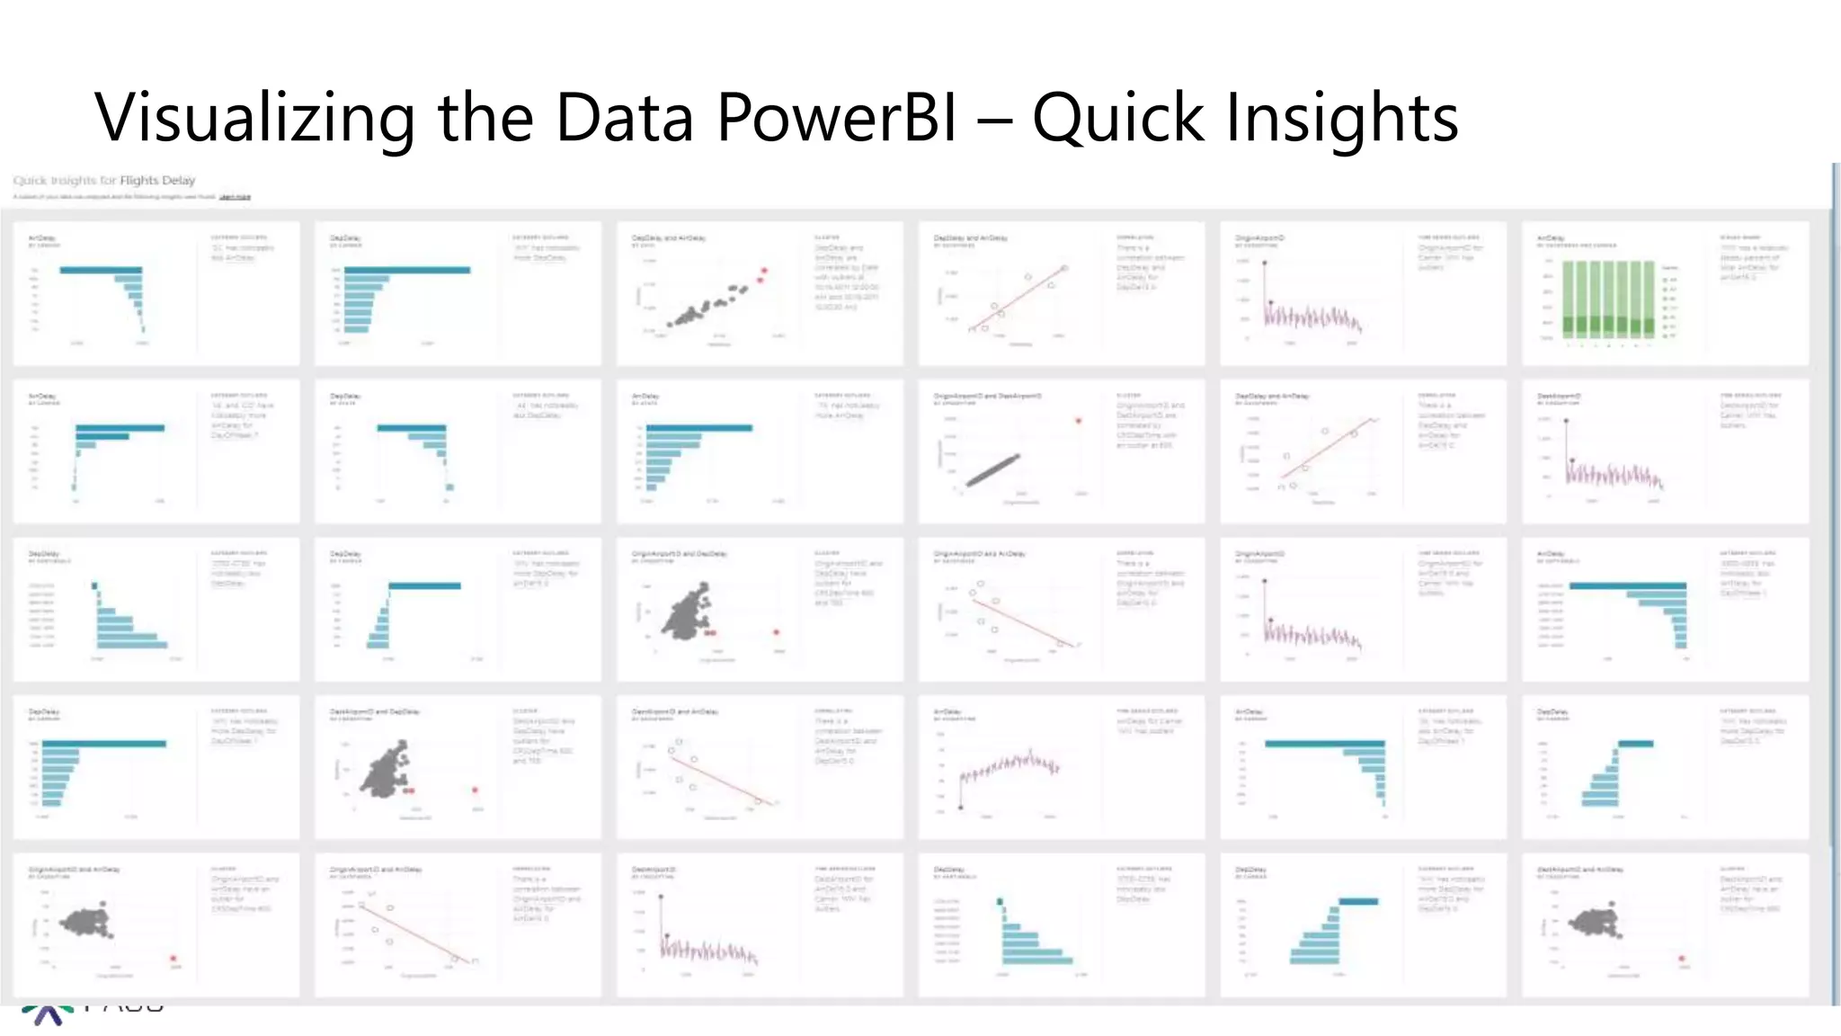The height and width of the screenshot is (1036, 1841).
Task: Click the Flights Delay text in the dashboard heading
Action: coord(157,180)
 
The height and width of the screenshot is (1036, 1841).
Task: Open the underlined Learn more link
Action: coord(236,196)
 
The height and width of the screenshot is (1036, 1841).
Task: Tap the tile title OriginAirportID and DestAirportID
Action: coord(987,396)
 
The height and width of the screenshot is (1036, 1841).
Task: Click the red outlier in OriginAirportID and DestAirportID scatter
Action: coord(1079,421)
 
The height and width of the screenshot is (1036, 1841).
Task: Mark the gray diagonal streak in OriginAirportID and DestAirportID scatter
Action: coord(993,469)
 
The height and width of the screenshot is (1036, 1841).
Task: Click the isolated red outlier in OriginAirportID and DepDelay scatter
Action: coord(777,632)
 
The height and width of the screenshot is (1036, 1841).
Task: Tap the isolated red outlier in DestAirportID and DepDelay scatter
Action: coord(475,790)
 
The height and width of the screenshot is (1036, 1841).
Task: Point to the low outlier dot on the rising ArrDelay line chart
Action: coord(961,808)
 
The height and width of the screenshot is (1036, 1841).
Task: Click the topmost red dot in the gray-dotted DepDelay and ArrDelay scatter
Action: coord(764,270)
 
